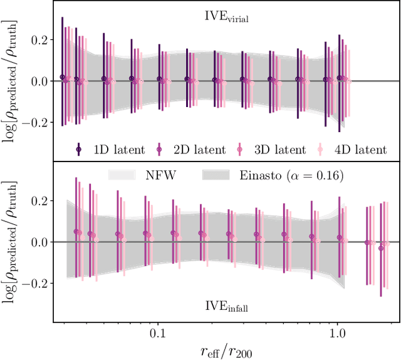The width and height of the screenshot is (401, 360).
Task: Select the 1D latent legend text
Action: pos(119,150)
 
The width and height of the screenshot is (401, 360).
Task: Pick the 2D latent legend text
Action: pos(199,150)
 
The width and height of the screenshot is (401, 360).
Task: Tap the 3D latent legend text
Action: pos(279,150)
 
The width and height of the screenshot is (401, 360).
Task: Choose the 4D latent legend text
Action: pos(360,150)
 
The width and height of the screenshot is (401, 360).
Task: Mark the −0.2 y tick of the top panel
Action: pos(37,122)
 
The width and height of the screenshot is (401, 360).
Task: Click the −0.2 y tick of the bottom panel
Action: pos(37,283)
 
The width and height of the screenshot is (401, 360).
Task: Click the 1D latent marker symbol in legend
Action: pos(79,150)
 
